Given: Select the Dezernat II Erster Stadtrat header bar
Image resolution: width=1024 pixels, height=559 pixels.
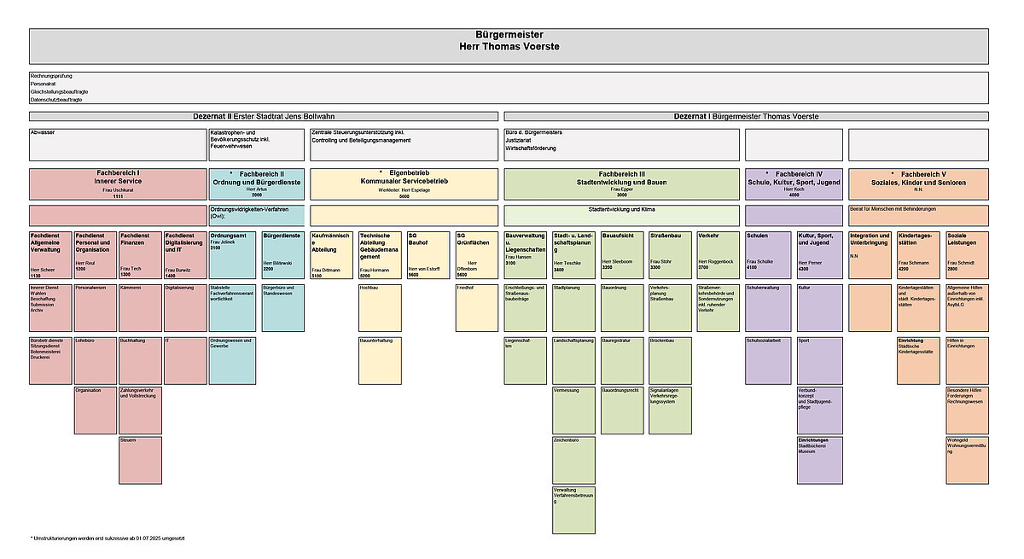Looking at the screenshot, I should pyautogui.click(x=264, y=116).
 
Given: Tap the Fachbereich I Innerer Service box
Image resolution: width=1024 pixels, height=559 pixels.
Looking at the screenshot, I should pyautogui.click(x=118, y=183).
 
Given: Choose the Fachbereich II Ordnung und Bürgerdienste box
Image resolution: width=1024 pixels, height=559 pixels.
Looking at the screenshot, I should pyautogui.click(x=256, y=183).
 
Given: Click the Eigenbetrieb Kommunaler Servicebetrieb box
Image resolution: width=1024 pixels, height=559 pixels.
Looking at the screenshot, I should pyautogui.click(x=404, y=183).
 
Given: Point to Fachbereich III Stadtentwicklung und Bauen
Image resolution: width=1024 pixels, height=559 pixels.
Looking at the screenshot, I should pyautogui.click(x=622, y=183).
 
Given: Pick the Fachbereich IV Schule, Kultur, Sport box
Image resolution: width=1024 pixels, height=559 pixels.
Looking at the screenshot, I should pyautogui.click(x=794, y=183).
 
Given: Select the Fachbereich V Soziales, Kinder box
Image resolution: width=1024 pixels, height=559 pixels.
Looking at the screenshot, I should pyautogui.click(x=918, y=183).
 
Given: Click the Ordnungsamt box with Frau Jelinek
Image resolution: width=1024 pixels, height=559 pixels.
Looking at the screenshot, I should pyautogui.click(x=232, y=254).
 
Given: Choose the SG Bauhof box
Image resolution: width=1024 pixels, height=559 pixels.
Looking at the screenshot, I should pyautogui.click(x=428, y=254).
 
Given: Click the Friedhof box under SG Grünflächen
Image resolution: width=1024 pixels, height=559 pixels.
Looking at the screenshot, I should pyautogui.click(x=476, y=307).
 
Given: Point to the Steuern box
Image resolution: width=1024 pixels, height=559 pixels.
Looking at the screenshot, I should pyautogui.click(x=140, y=459).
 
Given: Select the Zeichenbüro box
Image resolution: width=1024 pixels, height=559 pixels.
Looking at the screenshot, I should pyautogui.click(x=573, y=459).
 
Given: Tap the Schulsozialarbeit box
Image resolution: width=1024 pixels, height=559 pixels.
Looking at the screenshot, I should pyautogui.click(x=767, y=359).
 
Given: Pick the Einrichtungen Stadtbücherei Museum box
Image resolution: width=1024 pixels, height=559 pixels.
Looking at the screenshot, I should pyautogui.click(x=819, y=459).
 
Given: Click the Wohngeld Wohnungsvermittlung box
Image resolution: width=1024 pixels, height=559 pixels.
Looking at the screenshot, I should pyautogui.click(x=967, y=459).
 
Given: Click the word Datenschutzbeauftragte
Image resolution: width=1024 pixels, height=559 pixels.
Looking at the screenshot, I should pyautogui.click(x=56, y=99).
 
